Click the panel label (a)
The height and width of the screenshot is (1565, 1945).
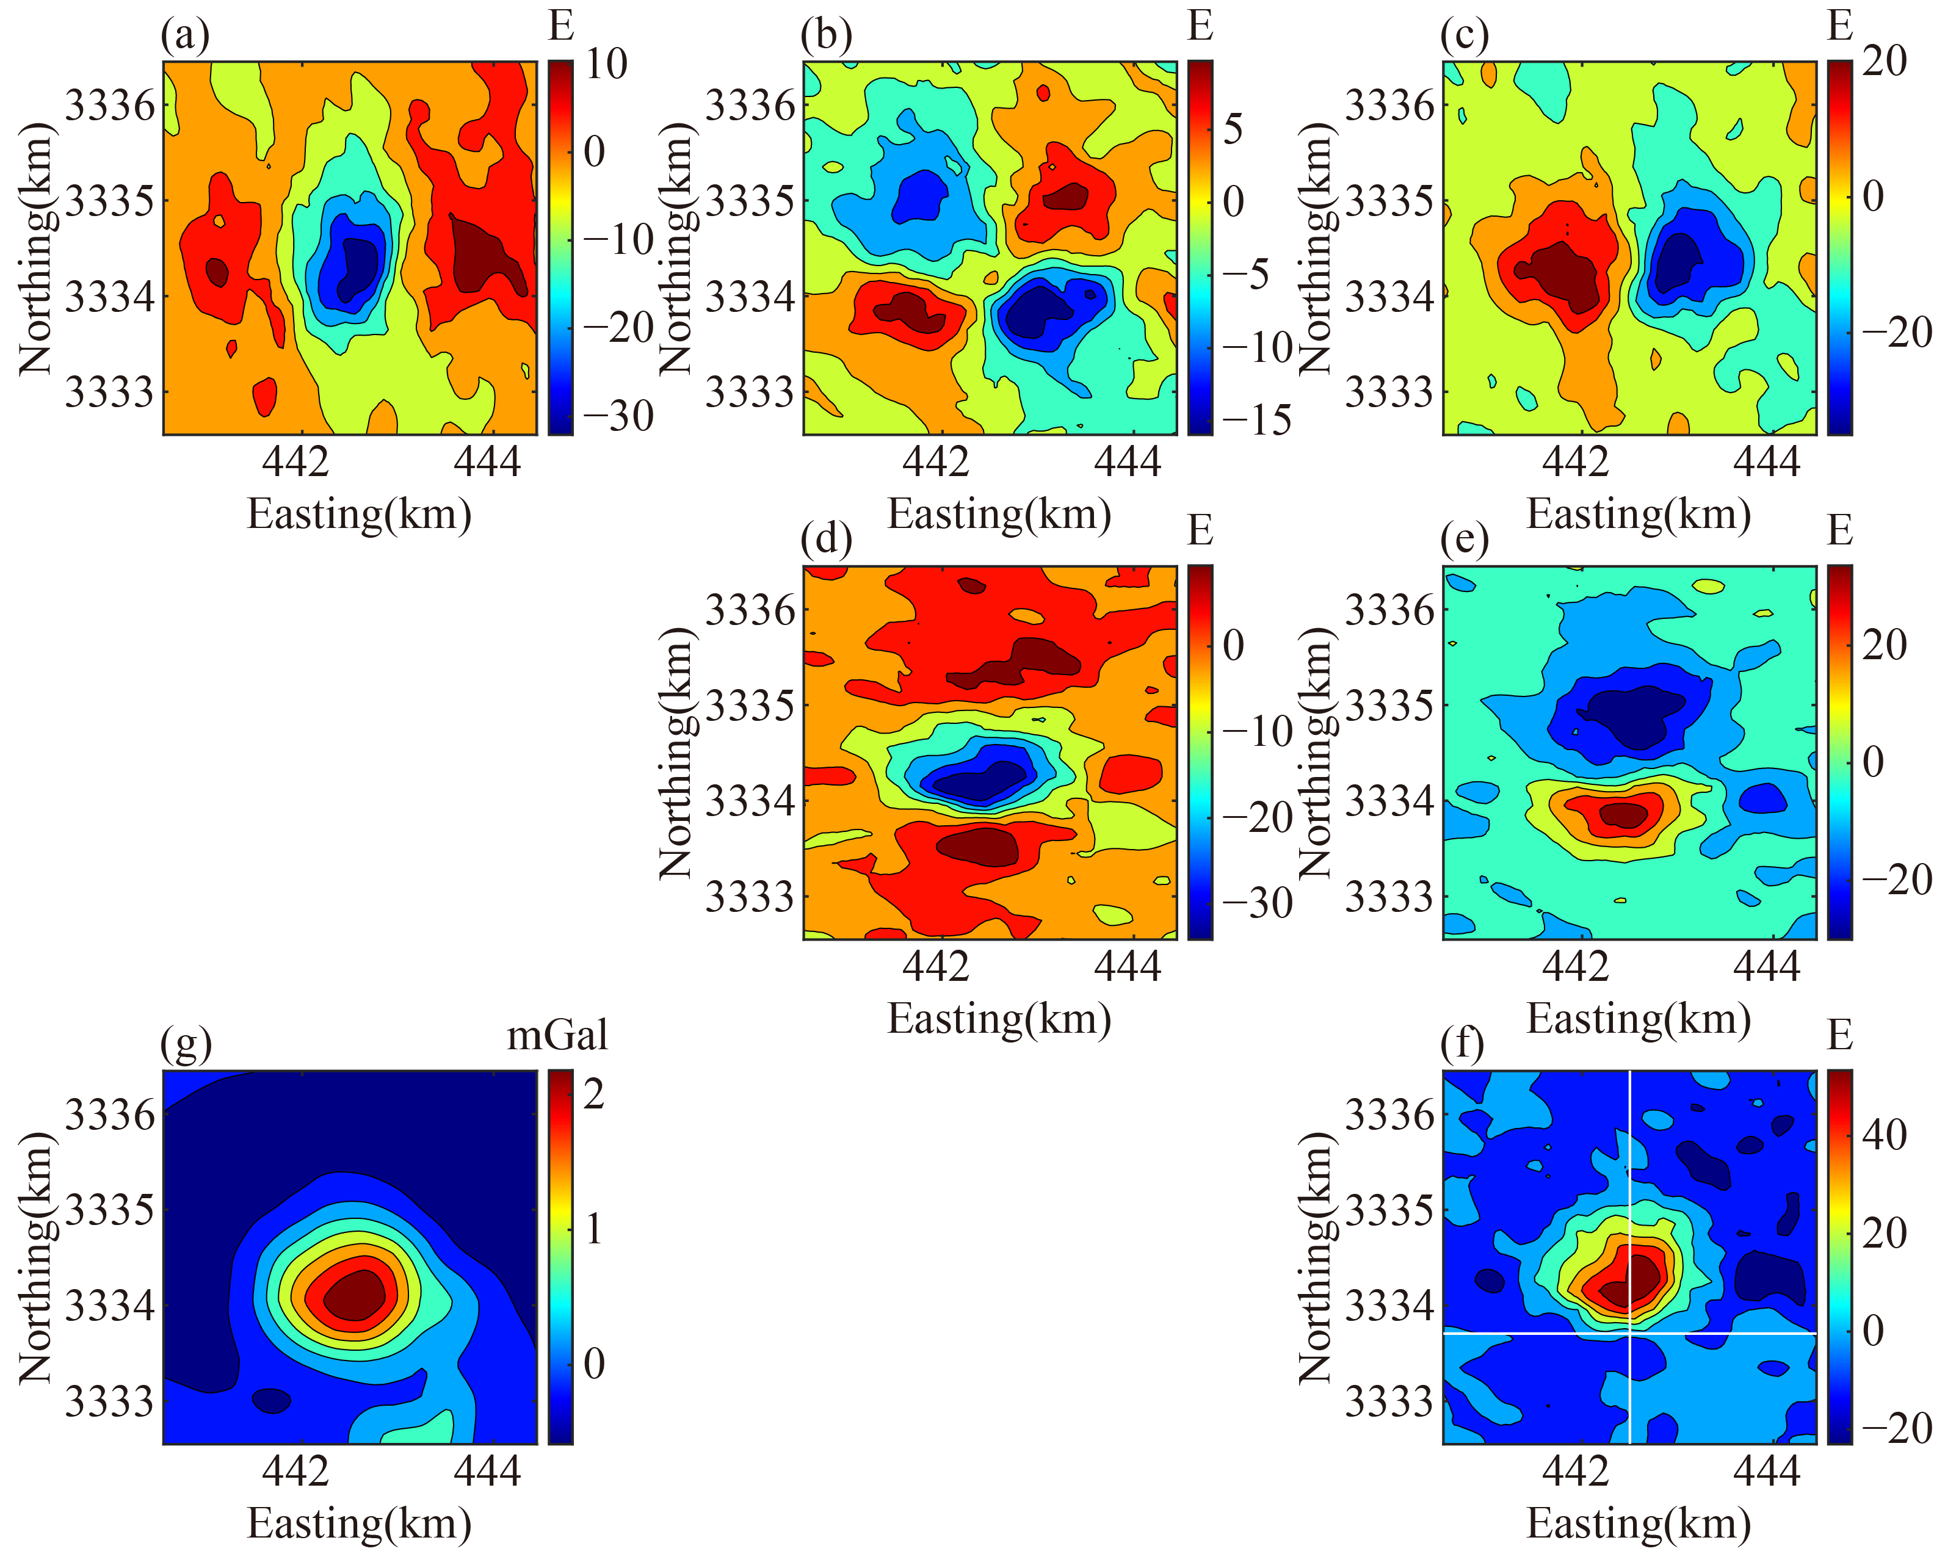tap(185, 36)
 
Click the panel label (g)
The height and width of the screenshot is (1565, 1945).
tap(186, 1044)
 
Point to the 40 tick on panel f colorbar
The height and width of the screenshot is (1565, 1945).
tap(1884, 1134)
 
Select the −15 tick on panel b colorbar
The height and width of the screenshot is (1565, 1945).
tap(1256, 419)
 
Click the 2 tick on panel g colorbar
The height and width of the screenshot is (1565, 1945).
tap(593, 1094)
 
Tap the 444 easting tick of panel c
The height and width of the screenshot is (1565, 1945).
tap(1766, 463)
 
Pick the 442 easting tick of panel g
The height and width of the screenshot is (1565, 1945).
tap(295, 1471)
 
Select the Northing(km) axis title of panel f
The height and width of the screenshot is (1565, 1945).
tap(1316, 1259)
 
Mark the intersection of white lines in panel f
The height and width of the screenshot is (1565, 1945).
tap(1629, 1332)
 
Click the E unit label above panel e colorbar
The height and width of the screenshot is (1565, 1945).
tap(1839, 530)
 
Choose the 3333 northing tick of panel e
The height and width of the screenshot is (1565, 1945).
tap(1388, 897)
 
